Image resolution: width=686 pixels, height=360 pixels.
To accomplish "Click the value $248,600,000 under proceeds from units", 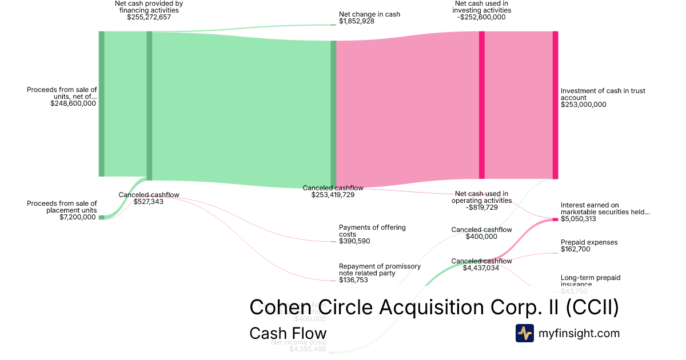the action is [73, 104].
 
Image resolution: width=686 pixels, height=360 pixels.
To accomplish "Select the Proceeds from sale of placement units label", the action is [62, 206].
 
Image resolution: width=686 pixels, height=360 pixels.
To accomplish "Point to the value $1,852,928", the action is [357, 21].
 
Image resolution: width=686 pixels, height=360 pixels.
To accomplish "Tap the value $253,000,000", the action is [583, 105].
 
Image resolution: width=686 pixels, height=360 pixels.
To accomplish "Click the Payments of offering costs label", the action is [372, 231].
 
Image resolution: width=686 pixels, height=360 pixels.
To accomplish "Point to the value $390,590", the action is [354, 241].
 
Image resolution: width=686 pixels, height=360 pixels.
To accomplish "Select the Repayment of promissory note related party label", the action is [380, 270].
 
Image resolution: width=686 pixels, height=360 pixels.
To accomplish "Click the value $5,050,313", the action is [579, 219].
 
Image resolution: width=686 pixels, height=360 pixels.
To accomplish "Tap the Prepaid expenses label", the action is [589, 242].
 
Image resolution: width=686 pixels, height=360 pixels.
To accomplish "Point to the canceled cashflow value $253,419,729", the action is [333, 195].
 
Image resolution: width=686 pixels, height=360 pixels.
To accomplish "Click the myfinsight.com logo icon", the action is [524, 333].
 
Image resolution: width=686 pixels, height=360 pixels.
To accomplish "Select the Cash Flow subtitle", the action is [288, 333].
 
